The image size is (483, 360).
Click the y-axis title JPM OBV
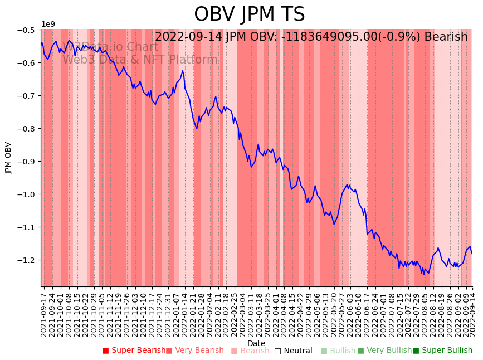[x=8, y=158]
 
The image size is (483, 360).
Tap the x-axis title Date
[x=256, y=343]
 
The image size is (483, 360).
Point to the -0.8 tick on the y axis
[x=26, y=129]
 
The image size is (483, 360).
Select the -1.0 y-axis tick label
[x=26, y=194]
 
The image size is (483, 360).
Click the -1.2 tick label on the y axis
[x=26, y=260]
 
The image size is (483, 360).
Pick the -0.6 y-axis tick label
[x=26, y=63]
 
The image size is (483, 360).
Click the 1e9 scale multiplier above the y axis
[x=48, y=24]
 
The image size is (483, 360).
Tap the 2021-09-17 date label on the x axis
[x=43, y=312]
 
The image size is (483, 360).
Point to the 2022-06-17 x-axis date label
[x=367, y=312]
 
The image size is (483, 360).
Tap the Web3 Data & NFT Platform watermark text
[x=140, y=60]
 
